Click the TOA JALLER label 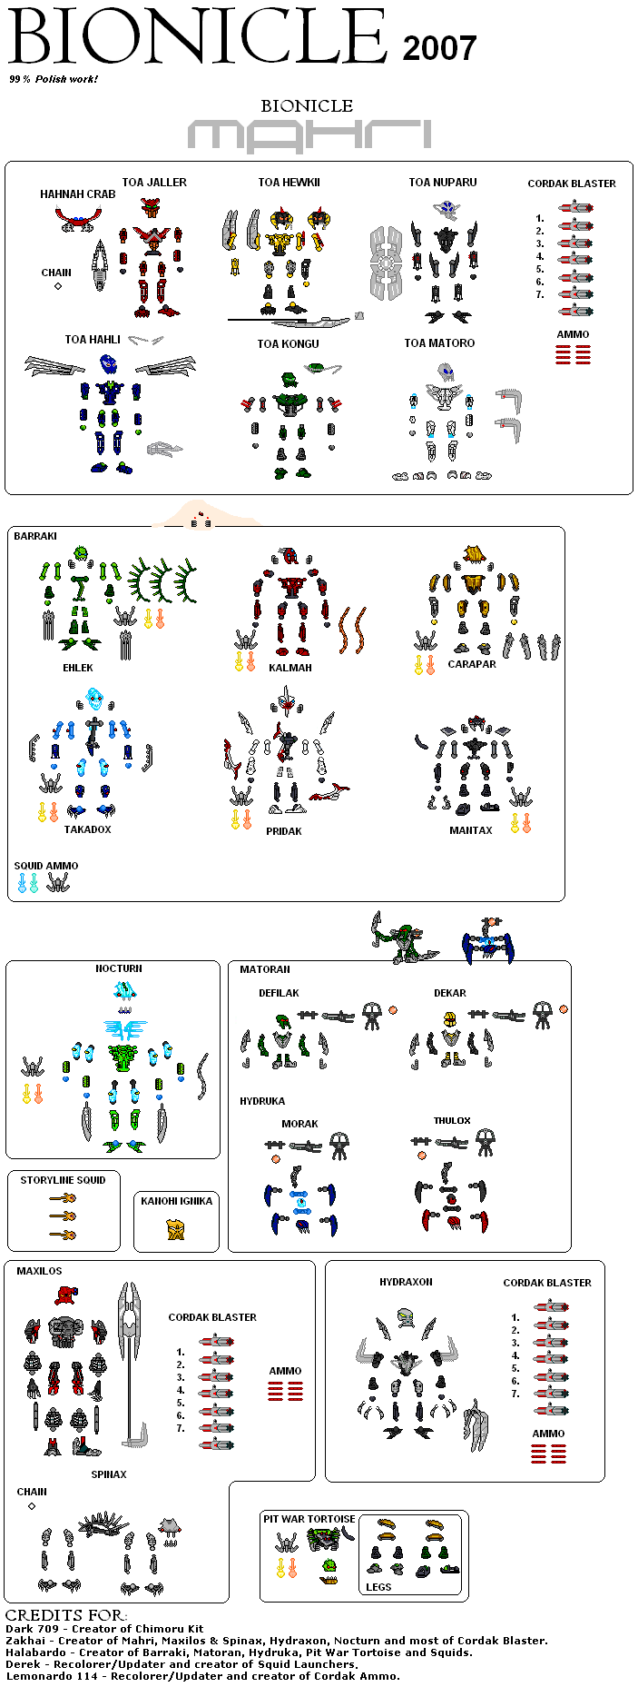click(154, 183)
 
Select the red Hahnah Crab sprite click(77, 218)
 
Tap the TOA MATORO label click(439, 343)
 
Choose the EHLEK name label click(78, 668)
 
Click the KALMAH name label click(290, 668)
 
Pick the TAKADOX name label click(87, 829)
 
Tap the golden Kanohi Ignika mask click(176, 1229)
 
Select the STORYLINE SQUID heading click(63, 1180)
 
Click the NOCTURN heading click(119, 968)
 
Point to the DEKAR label click(449, 993)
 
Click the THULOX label click(452, 1120)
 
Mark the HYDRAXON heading click(406, 1282)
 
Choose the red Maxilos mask click(65, 1295)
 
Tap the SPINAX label click(109, 1474)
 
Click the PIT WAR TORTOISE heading click(309, 1519)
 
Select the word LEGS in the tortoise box click(378, 1587)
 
